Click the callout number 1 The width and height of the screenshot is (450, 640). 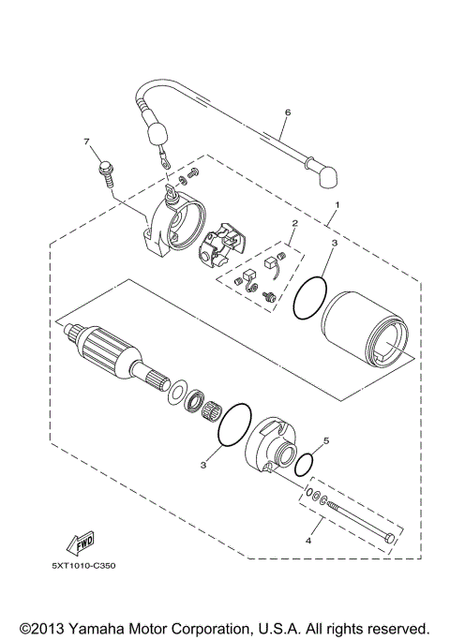point(337,204)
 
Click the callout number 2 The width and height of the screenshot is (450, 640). point(293,224)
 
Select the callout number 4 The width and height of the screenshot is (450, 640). point(308,540)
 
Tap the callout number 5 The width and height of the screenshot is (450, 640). point(325,439)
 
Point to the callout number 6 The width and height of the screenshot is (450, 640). point(287,112)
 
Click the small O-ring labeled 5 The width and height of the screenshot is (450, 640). point(304,463)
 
